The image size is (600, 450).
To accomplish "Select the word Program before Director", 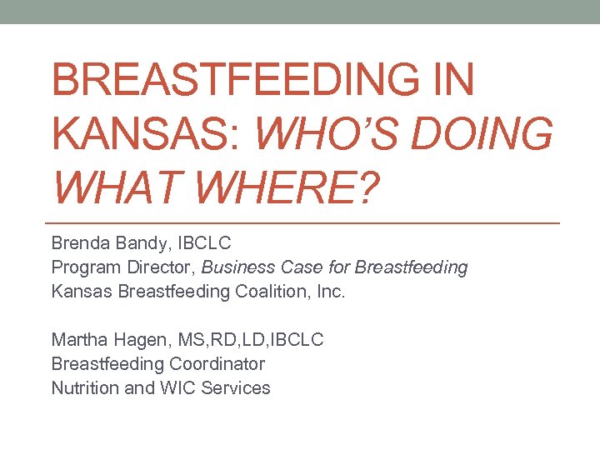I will [83, 267].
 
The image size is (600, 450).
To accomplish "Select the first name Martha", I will [78, 340].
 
